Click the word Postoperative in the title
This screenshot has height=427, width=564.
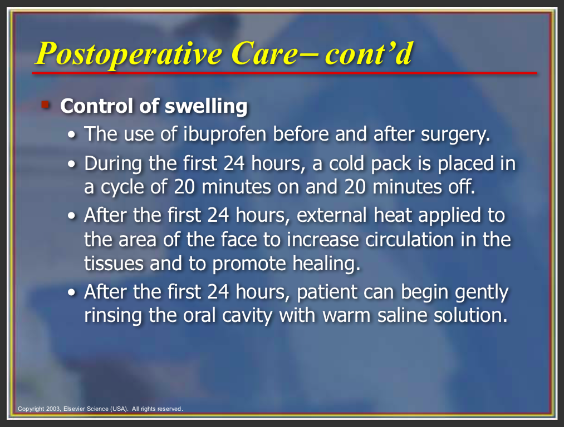tap(129, 53)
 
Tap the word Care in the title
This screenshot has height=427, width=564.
tap(266, 53)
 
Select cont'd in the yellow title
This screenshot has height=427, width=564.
tap(369, 53)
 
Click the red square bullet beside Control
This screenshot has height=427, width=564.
tap(45, 105)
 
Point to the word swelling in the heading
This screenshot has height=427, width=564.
tap(206, 107)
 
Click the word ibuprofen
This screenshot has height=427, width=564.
tap(225, 135)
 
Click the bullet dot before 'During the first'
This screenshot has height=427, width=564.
tap(72, 165)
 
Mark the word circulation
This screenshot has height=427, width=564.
tap(409, 240)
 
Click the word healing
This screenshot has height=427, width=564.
tap(326, 264)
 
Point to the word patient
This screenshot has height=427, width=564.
tap(327, 292)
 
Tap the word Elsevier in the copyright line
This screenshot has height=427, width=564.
tap(75, 409)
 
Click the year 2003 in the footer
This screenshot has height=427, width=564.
tap(53, 409)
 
